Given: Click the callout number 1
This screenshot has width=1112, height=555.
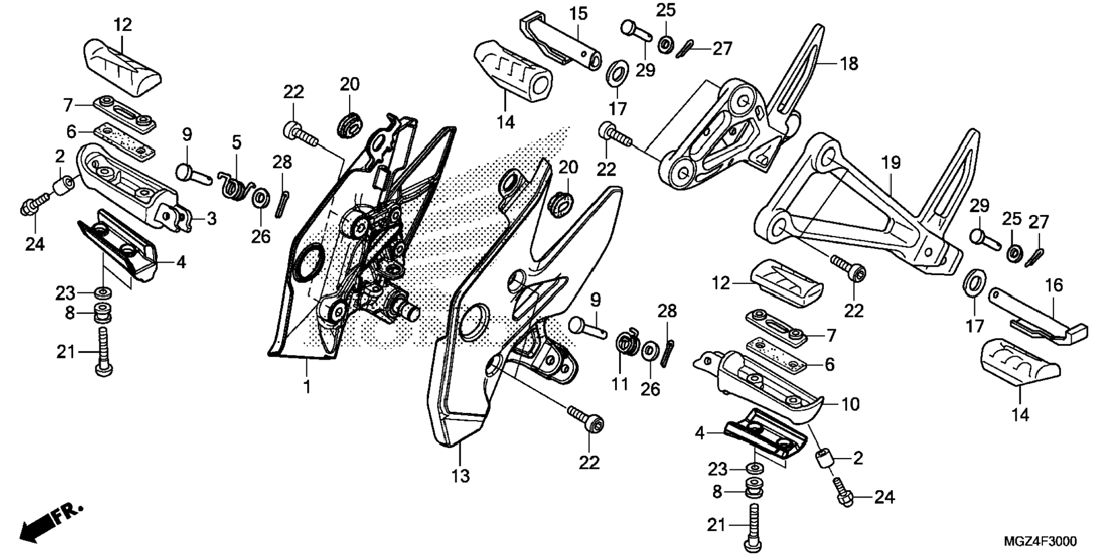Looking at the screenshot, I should point(307,387).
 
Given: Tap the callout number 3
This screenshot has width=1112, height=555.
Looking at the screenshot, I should point(212,219).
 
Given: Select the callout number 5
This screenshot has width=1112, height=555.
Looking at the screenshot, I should point(236,142).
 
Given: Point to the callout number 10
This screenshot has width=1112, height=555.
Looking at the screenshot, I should point(850,404).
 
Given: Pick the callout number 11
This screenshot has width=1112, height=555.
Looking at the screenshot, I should point(620,383).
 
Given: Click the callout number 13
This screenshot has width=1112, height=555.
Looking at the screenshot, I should point(461,476).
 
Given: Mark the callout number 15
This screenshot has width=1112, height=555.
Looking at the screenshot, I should point(578,14).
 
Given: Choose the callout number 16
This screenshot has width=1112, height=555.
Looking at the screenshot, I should point(1054,286).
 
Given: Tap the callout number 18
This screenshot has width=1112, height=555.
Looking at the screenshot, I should point(849,64).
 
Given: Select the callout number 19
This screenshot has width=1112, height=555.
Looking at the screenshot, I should point(891,163).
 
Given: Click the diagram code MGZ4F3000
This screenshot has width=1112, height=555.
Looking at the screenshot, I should point(1041,541).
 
